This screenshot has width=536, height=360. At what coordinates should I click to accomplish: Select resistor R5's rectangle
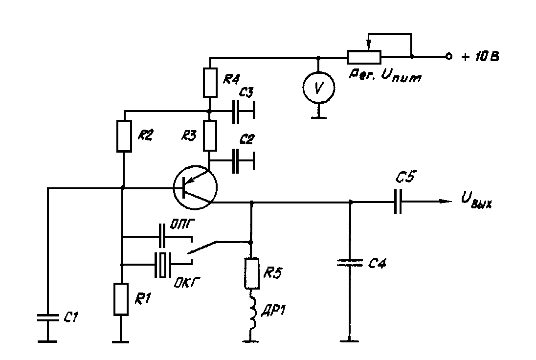tap(251, 273)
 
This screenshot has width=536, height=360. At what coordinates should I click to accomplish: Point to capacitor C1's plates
tap(47, 317)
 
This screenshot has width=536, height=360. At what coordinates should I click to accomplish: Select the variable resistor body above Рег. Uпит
tap(364, 57)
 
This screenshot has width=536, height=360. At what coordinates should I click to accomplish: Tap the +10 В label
tap(480, 57)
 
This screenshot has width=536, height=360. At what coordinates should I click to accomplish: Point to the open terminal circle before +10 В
tap(447, 57)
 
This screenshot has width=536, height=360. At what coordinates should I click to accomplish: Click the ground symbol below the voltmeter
tap(318, 116)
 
